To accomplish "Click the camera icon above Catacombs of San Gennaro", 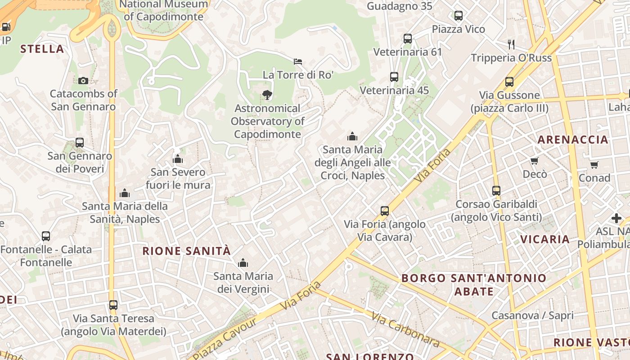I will tap(83, 81).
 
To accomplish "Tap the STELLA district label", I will tap(42, 49).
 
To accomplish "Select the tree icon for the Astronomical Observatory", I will tap(267, 94).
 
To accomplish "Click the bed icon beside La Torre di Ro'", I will tap(298, 61).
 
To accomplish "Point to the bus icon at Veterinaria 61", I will tap(408, 39).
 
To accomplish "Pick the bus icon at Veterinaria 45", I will tap(394, 77).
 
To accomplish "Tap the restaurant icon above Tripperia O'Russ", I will tap(511, 44).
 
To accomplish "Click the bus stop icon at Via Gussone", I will tap(509, 82).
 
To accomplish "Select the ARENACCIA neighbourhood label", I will tap(573, 139).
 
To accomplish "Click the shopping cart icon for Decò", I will tap(535, 161).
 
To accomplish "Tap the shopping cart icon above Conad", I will tap(594, 165).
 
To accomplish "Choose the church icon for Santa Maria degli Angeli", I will tap(352, 136).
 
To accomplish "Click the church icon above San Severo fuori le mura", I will tap(178, 159).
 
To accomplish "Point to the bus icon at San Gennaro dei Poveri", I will tap(80, 143).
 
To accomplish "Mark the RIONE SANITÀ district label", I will tap(186, 251).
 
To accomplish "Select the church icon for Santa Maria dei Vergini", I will tap(243, 262).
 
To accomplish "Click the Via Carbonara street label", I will tap(405, 329).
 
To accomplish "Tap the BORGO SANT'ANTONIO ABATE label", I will tap(473, 284).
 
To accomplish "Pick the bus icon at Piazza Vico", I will tap(459, 16).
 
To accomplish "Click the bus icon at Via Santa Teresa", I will tap(113, 305).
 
